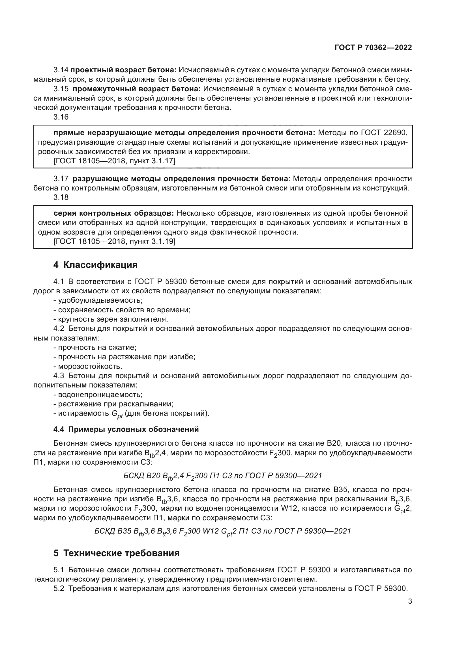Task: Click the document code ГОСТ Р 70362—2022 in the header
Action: coord(373,47)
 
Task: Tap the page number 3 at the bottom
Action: coord(410,601)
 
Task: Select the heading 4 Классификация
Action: coord(95,265)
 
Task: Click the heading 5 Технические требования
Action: coord(116,553)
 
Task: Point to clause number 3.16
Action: coord(61,117)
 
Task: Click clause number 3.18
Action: coord(61,197)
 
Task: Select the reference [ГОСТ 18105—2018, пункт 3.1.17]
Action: coord(114,161)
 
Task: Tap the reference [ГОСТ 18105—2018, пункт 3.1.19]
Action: coord(114,241)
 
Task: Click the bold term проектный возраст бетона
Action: coord(123,70)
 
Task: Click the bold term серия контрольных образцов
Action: coord(113,213)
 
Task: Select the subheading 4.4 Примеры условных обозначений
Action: coord(126,429)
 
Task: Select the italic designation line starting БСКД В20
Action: coord(222,476)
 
